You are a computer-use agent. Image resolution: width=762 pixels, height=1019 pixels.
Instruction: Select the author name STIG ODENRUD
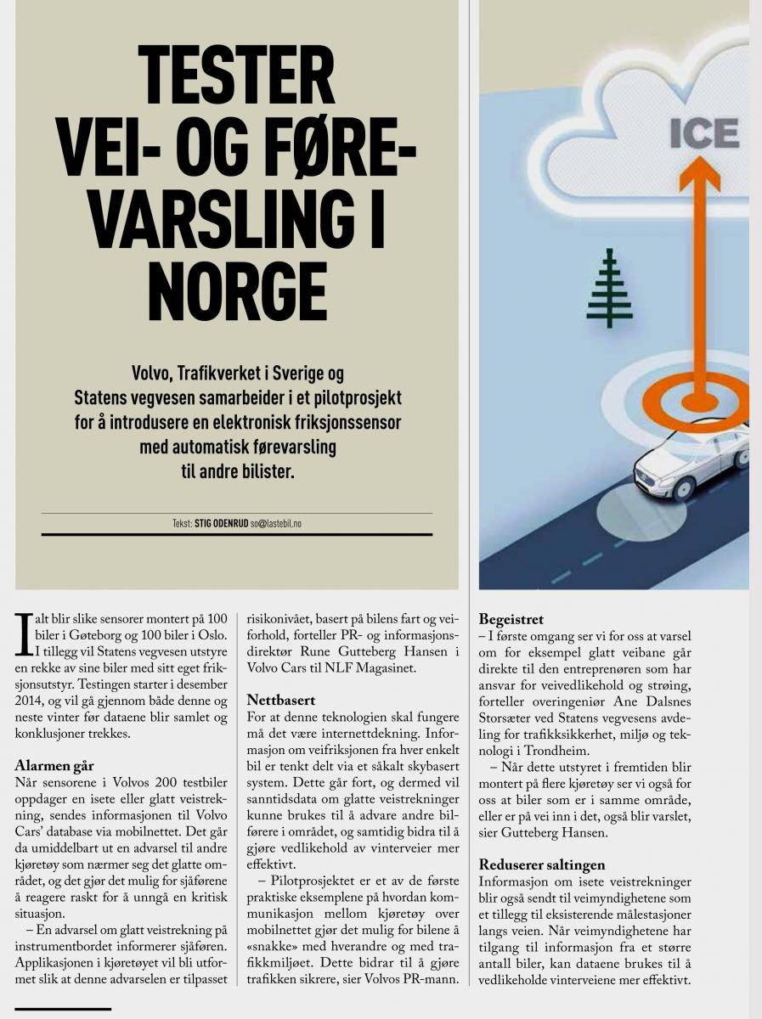tap(221, 524)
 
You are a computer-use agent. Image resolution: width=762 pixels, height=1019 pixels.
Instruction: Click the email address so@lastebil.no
tap(275, 524)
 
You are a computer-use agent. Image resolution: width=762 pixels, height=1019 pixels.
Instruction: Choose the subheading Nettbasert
tap(281, 701)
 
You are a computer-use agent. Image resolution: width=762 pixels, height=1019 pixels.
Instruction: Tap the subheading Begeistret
tap(511, 619)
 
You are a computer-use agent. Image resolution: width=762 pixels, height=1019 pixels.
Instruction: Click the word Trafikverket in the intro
tap(226, 374)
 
